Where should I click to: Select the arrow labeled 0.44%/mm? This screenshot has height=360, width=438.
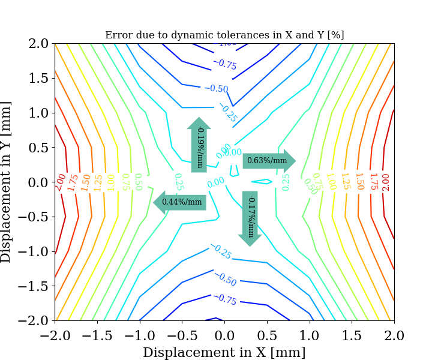coord(180,202)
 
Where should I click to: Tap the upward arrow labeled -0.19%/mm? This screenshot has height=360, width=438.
coord(199,145)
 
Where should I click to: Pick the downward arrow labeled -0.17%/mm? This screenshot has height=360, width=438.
coord(250,218)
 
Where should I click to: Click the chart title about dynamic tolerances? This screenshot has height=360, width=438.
coord(224,35)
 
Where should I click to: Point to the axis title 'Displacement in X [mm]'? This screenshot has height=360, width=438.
coord(224,352)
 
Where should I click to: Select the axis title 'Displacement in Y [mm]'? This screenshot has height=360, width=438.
coord(7,182)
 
